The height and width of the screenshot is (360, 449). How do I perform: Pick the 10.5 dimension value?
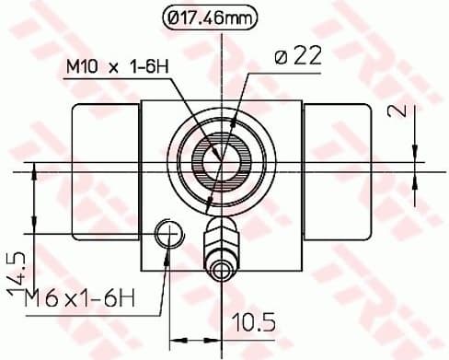click(254, 324)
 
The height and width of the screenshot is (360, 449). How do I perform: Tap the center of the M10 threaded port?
click(221, 153)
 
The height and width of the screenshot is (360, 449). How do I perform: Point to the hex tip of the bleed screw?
click(221, 271)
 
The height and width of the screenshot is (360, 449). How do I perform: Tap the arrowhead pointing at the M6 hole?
click(168, 256)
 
